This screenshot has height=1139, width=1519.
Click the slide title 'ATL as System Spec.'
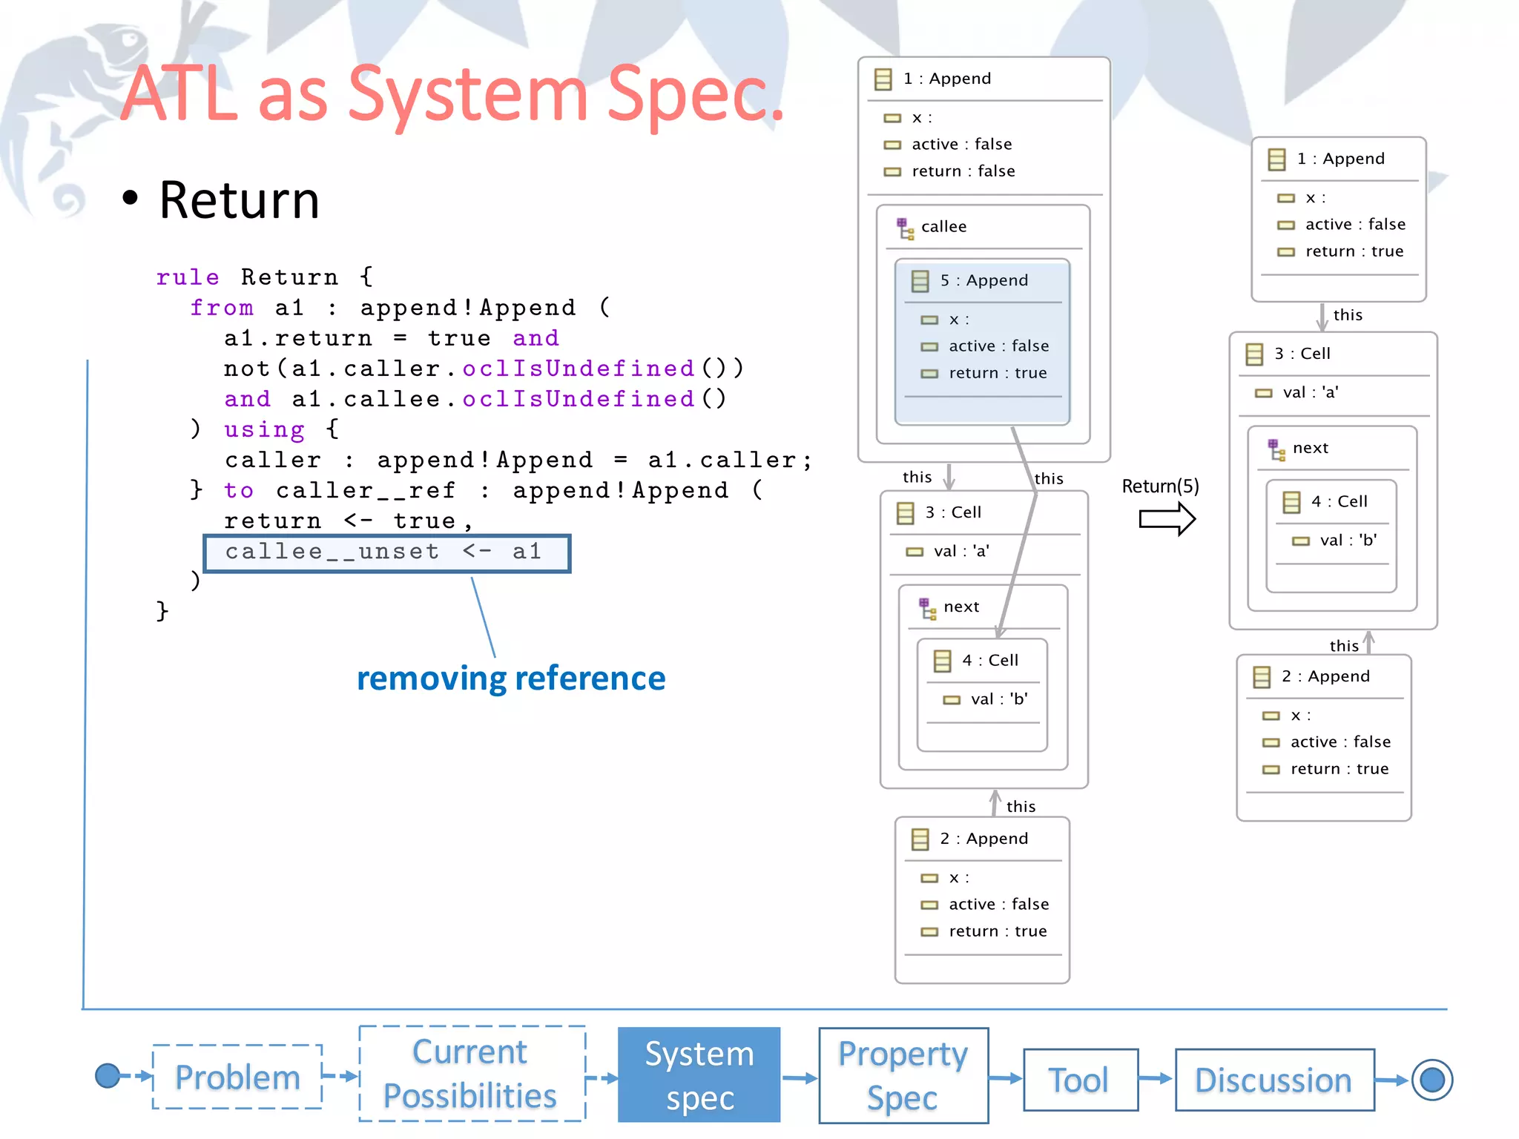pyautogui.click(x=452, y=94)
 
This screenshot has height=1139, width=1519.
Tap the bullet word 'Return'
pyautogui.click(x=239, y=200)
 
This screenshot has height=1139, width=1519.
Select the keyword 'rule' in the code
pyautogui.click(x=188, y=277)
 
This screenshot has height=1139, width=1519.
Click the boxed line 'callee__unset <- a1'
pyautogui.click(x=386, y=552)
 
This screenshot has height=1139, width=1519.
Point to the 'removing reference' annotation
pyautogui.click(x=511, y=679)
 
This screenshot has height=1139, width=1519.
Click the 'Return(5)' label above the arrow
pyautogui.click(x=1160, y=486)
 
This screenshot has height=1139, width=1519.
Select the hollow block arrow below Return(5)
pyautogui.click(x=1167, y=519)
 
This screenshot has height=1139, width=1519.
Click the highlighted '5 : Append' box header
pyautogui.click(x=983, y=280)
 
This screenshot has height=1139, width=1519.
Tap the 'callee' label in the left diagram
pyautogui.click(x=943, y=227)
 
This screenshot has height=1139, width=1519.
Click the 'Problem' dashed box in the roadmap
pyautogui.click(x=237, y=1077)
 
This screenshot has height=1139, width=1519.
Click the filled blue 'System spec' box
pyautogui.click(x=699, y=1074)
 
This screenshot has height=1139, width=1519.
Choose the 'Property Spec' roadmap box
pyautogui.click(x=903, y=1075)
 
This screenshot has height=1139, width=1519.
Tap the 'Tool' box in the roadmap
pyautogui.click(x=1080, y=1080)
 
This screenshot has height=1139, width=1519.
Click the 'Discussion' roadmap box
pyautogui.click(x=1273, y=1080)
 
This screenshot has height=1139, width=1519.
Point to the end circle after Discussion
pyautogui.click(x=1431, y=1080)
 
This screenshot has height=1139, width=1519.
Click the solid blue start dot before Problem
pyautogui.click(x=108, y=1075)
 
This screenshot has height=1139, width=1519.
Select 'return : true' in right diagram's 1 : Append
pyautogui.click(x=1354, y=251)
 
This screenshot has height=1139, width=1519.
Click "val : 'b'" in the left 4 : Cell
pyautogui.click(x=998, y=699)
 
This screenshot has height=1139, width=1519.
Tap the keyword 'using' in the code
pyautogui.click(x=264, y=429)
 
